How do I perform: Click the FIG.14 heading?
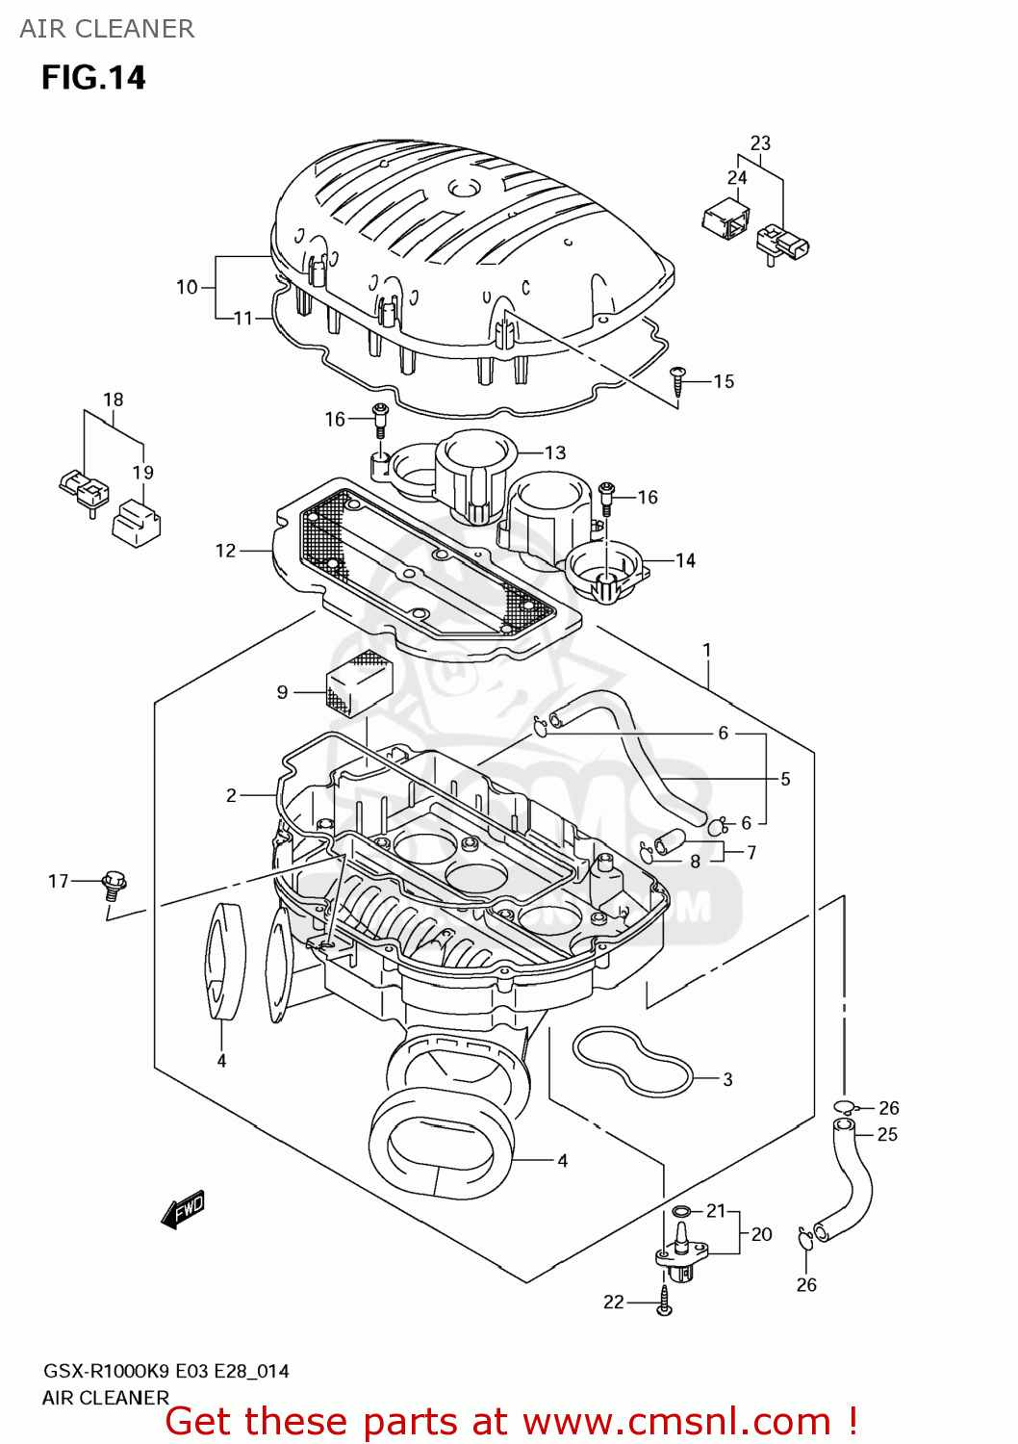[x=93, y=77]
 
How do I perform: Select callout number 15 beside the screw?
[x=724, y=381]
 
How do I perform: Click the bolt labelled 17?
[x=114, y=883]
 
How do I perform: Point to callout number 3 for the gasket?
[x=727, y=1079]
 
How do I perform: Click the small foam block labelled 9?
[x=360, y=683]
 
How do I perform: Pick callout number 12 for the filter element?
[x=225, y=551]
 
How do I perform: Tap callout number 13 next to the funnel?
[x=555, y=452]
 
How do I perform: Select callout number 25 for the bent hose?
[x=887, y=1134]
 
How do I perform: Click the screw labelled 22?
[x=665, y=1300]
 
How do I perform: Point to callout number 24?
[x=737, y=177]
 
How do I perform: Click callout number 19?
[x=142, y=472]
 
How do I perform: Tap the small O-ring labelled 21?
[x=680, y=1211]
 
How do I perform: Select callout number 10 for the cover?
[x=187, y=287]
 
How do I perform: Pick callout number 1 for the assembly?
[x=707, y=650]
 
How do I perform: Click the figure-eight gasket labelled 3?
[x=632, y=1061]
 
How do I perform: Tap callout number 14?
[x=685, y=560]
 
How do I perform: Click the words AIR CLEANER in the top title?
[x=107, y=29]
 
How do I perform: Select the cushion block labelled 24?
[x=726, y=219]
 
